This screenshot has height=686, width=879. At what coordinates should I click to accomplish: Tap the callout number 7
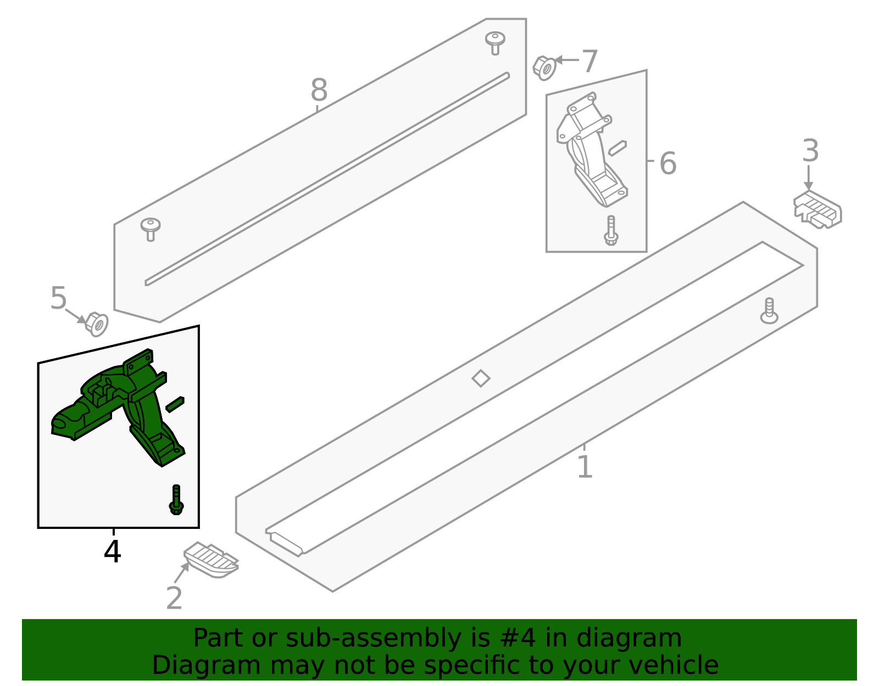589,61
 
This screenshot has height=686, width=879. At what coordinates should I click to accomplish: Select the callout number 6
667,163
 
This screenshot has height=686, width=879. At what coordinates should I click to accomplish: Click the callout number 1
585,467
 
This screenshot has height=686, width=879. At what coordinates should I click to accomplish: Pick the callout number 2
174,598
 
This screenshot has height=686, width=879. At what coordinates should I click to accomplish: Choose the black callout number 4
112,551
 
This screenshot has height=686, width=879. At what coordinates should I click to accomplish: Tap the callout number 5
58,299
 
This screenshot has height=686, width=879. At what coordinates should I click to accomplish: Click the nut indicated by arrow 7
544,68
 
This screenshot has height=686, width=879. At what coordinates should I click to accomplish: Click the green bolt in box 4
176,500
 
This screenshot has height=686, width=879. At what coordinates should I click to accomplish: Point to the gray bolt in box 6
611,231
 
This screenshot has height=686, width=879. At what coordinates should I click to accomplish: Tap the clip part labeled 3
817,210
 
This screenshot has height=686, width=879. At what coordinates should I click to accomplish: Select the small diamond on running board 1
481,378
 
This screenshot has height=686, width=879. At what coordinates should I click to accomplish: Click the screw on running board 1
769,311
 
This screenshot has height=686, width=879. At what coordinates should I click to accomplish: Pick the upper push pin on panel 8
495,42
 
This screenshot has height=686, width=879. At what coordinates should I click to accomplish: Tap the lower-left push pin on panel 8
150,228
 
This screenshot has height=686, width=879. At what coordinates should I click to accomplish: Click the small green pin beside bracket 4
175,404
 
